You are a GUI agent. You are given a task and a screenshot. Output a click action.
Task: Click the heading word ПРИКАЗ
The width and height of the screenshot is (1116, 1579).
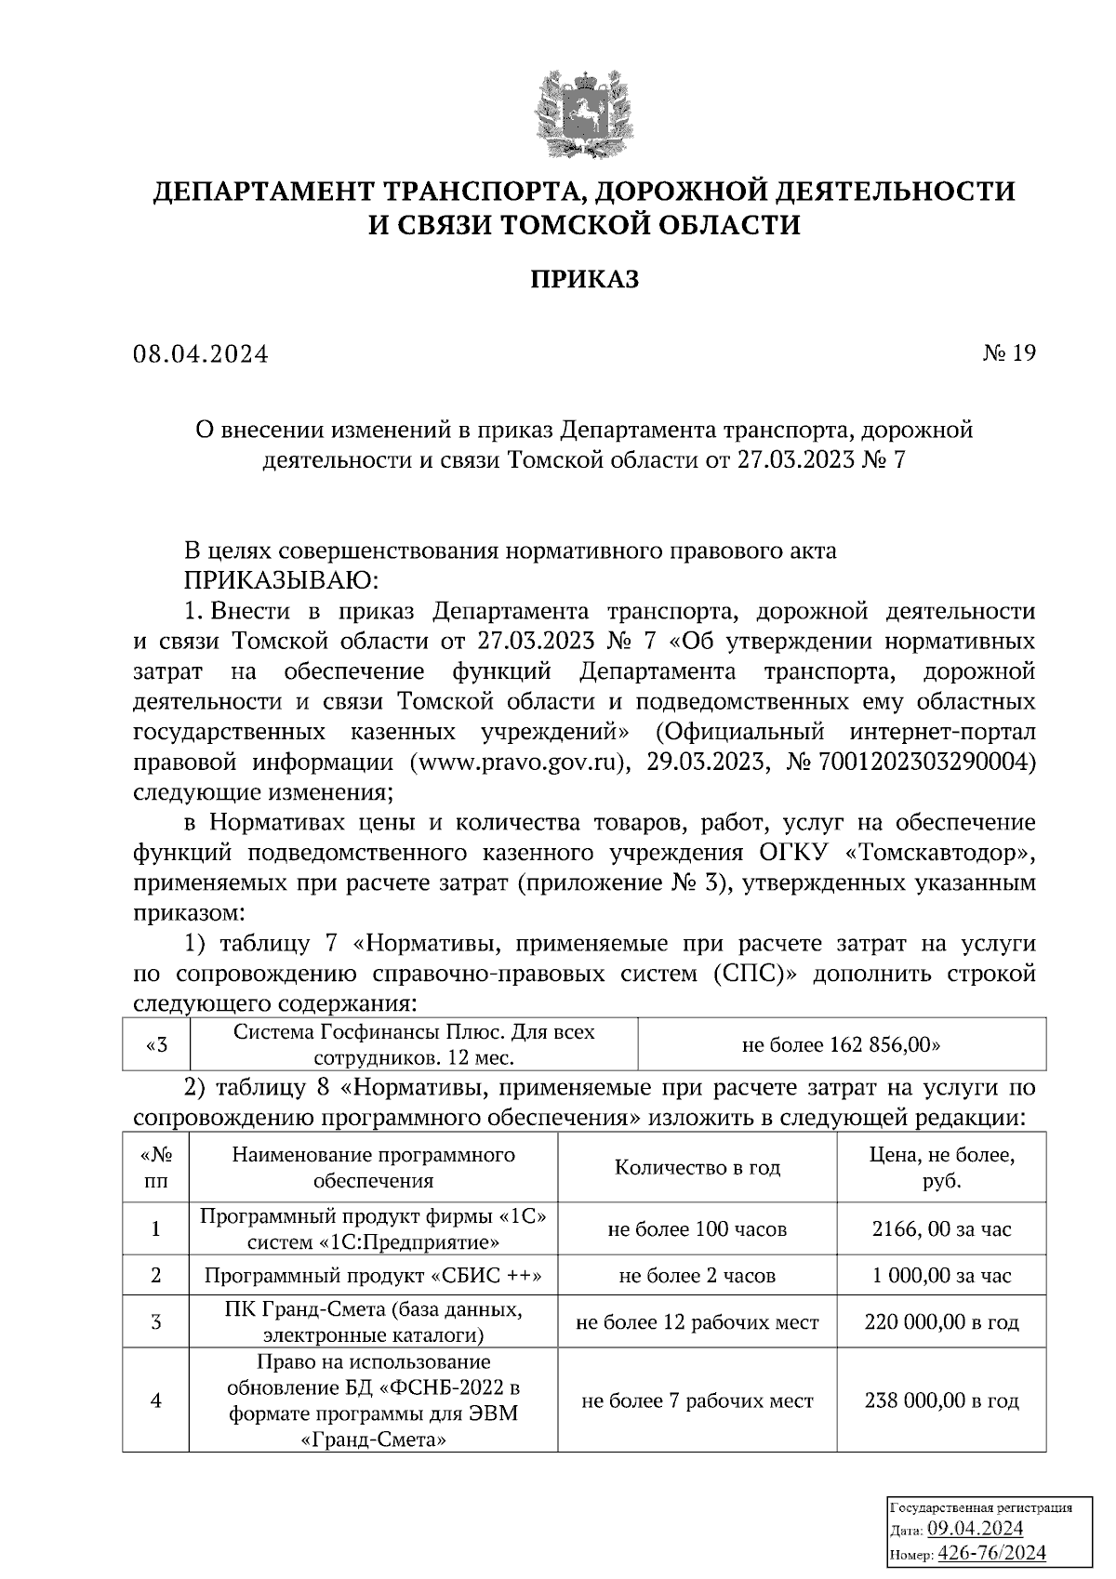tap(584, 279)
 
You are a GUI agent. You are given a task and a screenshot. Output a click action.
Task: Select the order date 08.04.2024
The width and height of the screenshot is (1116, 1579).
tap(200, 354)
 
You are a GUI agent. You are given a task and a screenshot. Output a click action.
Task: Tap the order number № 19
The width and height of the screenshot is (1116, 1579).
tap(1008, 352)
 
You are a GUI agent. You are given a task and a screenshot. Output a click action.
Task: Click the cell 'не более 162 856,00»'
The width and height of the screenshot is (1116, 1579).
tap(841, 1044)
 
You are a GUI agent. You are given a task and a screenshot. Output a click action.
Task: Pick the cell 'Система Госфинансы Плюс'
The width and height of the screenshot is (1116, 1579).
tap(414, 1044)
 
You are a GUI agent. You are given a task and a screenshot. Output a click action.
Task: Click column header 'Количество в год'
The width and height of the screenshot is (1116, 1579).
tap(697, 1168)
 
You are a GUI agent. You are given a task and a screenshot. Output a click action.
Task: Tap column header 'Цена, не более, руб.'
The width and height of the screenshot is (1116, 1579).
tap(941, 1168)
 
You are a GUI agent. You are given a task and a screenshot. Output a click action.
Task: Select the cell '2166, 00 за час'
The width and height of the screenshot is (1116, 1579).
tap(941, 1229)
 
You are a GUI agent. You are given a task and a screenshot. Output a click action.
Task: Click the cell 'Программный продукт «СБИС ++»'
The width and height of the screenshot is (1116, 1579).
tap(373, 1276)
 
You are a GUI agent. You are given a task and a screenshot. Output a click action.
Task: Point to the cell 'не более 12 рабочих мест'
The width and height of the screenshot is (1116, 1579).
tap(697, 1322)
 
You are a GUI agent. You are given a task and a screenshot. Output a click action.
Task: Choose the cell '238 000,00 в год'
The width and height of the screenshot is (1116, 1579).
tap(941, 1400)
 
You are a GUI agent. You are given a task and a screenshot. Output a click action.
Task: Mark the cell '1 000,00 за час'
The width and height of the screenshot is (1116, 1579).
tap(941, 1276)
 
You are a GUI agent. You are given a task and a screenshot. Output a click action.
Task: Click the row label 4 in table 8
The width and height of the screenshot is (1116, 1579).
tap(155, 1400)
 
